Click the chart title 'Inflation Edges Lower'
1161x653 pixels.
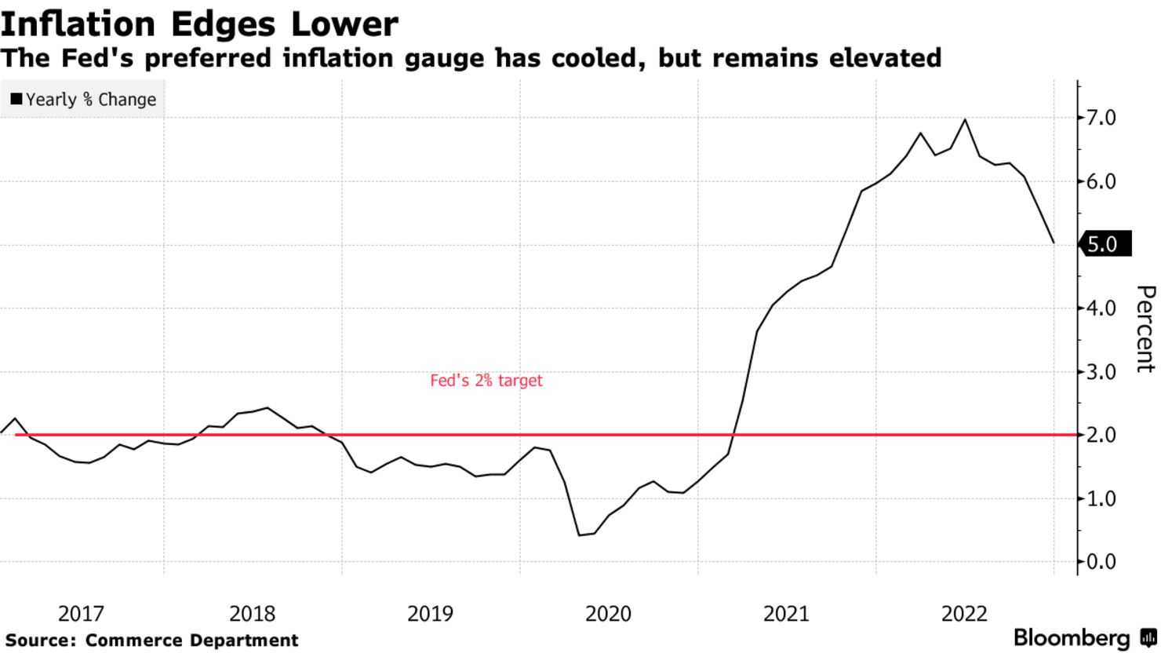(x=199, y=24)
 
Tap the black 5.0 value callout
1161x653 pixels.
(x=1105, y=244)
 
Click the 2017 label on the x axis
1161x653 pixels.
(x=81, y=614)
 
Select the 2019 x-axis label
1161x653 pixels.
(x=430, y=614)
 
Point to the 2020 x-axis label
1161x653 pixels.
(x=608, y=614)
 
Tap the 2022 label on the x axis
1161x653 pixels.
(x=964, y=614)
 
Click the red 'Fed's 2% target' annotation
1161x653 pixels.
(x=486, y=381)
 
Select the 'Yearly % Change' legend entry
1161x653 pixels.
(x=83, y=100)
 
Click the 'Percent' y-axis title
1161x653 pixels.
(x=1145, y=329)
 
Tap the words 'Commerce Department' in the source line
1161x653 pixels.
(x=191, y=640)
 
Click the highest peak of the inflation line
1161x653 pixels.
(x=965, y=119)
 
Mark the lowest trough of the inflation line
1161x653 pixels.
(x=579, y=535)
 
